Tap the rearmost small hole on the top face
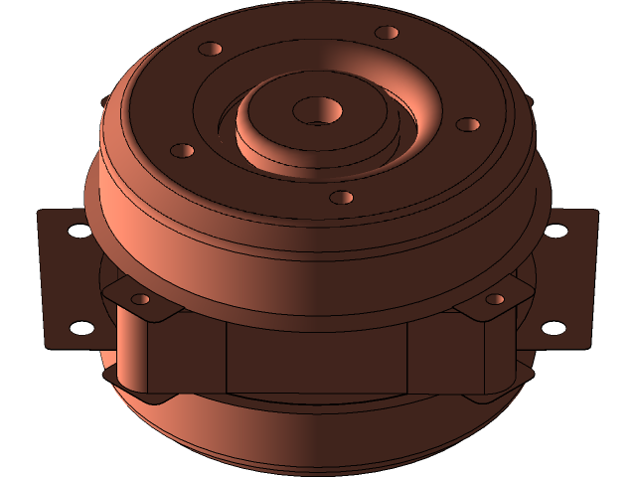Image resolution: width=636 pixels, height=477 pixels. click(x=387, y=33)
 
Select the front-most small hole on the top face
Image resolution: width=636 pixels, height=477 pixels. click(x=341, y=197)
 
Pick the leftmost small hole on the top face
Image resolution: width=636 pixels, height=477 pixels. click(x=182, y=151)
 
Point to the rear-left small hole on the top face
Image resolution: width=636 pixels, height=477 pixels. click(x=211, y=48)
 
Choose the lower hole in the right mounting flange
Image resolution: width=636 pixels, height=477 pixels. click(x=553, y=327)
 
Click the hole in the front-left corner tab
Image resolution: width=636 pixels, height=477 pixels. click(x=141, y=298)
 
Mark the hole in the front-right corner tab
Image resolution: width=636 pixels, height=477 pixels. click(x=494, y=299)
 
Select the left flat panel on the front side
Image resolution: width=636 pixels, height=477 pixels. click(x=189, y=356)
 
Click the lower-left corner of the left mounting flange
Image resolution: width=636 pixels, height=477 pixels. click(x=49, y=344)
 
